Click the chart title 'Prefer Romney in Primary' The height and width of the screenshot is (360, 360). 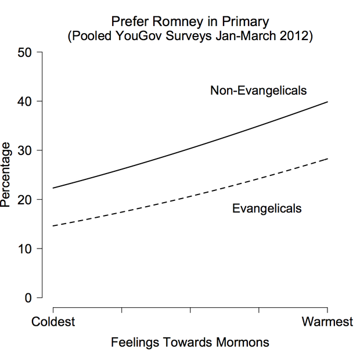190,22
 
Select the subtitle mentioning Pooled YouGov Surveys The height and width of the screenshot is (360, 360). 190,36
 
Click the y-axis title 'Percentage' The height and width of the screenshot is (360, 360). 7,175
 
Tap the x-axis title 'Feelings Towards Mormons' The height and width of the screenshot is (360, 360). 190,342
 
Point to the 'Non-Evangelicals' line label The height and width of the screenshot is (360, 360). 258,91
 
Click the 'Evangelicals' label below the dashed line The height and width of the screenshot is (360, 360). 267,208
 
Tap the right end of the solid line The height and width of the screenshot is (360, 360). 327,102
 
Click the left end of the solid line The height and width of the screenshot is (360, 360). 53,188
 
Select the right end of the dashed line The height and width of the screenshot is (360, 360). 327,159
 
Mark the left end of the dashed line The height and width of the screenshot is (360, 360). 53,226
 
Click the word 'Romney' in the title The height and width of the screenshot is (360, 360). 185,22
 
